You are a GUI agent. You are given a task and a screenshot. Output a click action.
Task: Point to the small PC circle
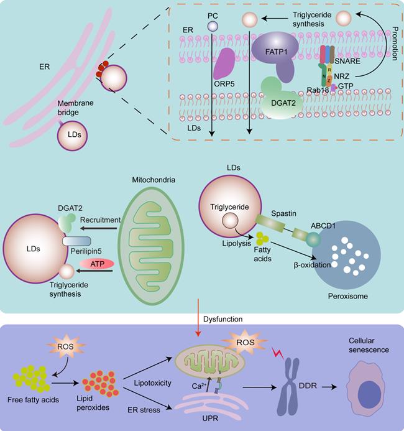(213, 25)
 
